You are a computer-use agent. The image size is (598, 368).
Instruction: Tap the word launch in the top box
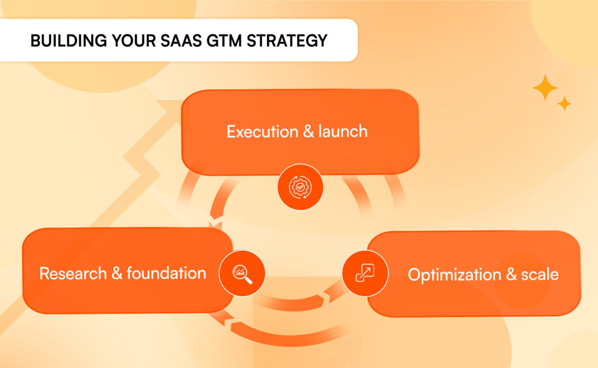tap(343, 131)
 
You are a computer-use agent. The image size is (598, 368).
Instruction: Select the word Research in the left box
tap(73, 273)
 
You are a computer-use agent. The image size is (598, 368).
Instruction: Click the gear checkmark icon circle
tap(300, 187)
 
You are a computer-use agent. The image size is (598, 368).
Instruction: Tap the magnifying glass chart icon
tap(242, 273)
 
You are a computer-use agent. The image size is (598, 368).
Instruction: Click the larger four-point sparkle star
tap(545, 87)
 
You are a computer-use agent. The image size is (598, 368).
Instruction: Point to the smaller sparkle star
tap(564, 104)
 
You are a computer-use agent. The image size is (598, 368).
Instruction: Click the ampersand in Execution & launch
tap(308, 131)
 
